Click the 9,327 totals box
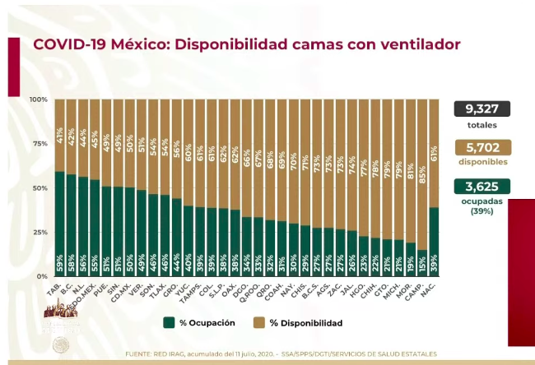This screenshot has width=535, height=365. click(x=481, y=109)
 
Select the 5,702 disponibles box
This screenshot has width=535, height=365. click(x=481, y=147)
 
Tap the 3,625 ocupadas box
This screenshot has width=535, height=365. click(x=481, y=187)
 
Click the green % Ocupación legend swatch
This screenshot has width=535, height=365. click(x=169, y=323)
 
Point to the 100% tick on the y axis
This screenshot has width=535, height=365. click(x=40, y=99)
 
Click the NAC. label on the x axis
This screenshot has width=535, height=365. click(x=431, y=289)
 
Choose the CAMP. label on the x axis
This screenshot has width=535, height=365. click(x=419, y=290)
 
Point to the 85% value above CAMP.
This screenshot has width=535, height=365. click(x=422, y=153)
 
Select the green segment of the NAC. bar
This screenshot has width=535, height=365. click(x=434, y=238)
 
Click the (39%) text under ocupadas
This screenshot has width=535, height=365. click(x=481, y=210)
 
